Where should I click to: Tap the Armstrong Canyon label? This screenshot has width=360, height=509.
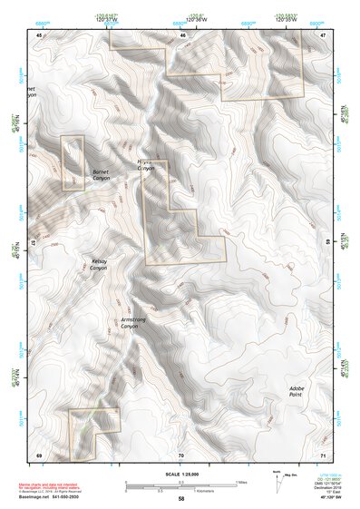pyautogui.click(x=135, y=322)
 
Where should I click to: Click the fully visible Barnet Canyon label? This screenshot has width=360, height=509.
pyautogui.click(x=102, y=175)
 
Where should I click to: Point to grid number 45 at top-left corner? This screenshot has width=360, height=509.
pyautogui.click(x=39, y=34)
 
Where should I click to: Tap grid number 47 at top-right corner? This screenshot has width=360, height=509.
pyautogui.click(x=323, y=34)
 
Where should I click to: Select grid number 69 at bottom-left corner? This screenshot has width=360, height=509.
pyautogui.click(x=39, y=455)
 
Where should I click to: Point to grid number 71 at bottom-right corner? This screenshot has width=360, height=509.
pyautogui.click(x=323, y=455)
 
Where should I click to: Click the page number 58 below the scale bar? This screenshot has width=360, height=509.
pyautogui.click(x=180, y=499)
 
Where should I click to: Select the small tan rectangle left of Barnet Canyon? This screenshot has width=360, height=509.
pyautogui.click(x=73, y=163)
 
